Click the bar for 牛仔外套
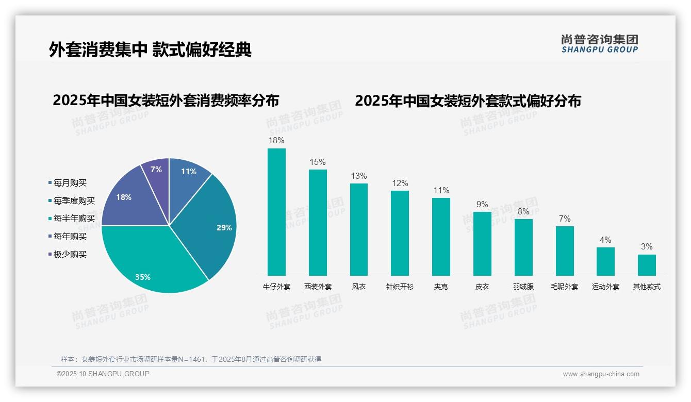[x=276, y=212]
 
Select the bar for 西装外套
[x=318, y=223]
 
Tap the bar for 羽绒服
[x=523, y=247]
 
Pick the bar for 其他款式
[x=647, y=265]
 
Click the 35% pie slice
[x=150, y=263]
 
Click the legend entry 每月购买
[x=70, y=182]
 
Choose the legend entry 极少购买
[x=70, y=254]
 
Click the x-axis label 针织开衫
[x=400, y=287]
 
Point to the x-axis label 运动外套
[x=605, y=287]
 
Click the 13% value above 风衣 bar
[x=358, y=176]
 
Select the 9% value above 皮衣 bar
[x=482, y=204]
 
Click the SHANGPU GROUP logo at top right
[x=600, y=44]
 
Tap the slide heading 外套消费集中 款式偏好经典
[x=150, y=49]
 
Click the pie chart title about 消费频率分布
[x=166, y=100]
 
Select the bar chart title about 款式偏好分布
[x=468, y=100]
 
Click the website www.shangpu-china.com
[x=601, y=374]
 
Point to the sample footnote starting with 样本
[x=191, y=359]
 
